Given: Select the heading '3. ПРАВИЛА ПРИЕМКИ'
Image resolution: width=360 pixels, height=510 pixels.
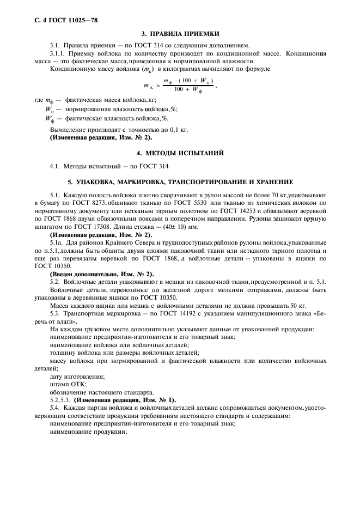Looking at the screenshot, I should pyautogui.click(x=180, y=33).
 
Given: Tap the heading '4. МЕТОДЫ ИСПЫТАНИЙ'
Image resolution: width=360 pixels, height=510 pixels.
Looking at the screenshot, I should pyautogui.click(x=180, y=152).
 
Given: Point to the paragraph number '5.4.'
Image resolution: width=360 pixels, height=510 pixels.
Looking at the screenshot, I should pyautogui.click(x=55, y=408).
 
